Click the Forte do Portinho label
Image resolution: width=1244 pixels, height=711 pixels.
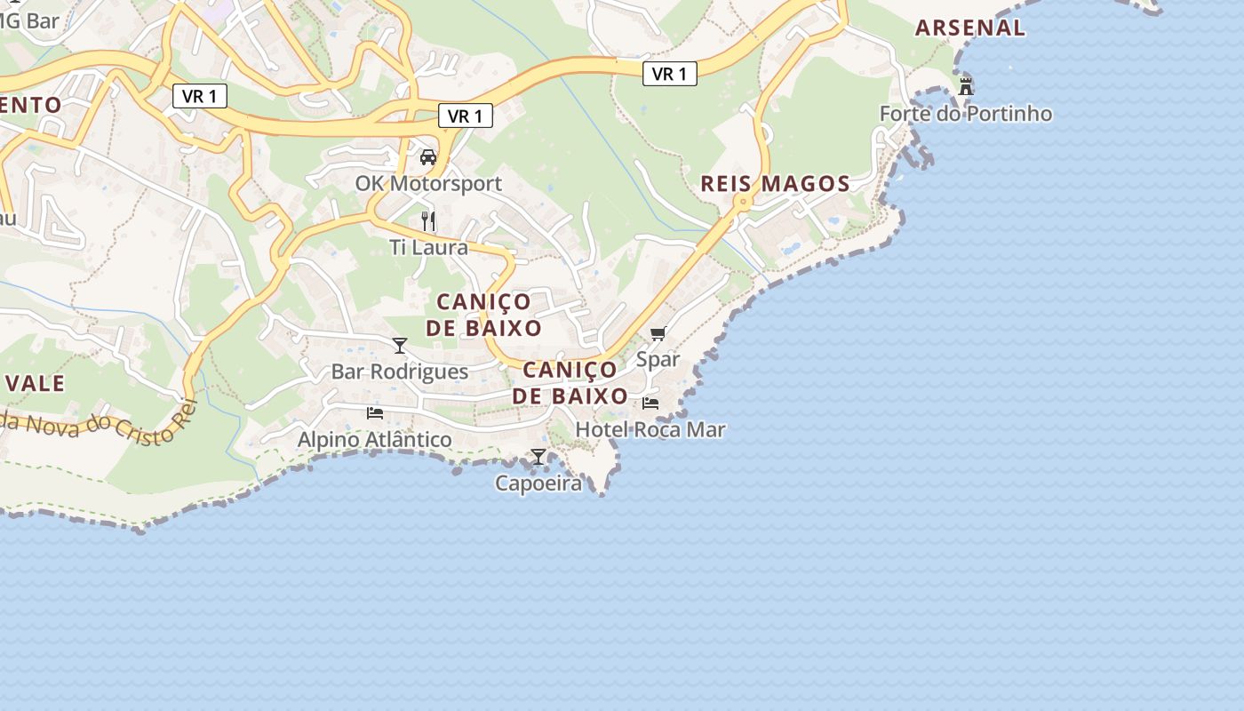click(x=965, y=114)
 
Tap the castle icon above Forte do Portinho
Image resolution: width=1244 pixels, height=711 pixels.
click(x=966, y=86)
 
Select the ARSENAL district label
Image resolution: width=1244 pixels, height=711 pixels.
click(x=970, y=28)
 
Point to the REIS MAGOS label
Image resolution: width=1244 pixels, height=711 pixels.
click(x=775, y=184)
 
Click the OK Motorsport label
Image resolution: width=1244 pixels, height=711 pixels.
click(x=428, y=184)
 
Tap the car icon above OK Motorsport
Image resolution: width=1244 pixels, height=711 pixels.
click(x=428, y=157)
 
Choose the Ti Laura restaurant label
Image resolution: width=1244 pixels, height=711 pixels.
click(x=428, y=247)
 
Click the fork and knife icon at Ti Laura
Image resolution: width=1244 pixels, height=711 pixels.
click(x=428, y=220)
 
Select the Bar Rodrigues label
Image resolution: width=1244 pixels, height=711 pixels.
click(x=399, y=371)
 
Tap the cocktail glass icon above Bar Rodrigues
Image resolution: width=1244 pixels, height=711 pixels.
click(x=400, y=345)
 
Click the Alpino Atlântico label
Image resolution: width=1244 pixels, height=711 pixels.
click(x=374, y=440)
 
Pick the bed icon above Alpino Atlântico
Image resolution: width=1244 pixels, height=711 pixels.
click(x=375, y=413)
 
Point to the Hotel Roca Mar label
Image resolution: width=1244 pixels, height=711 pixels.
click(x=650, y=430)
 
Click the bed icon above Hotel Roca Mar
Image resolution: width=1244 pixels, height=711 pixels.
click(x=650, y=403)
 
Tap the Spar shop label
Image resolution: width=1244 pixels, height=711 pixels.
click(x=658, y=360)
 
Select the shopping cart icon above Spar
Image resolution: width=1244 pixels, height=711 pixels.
click(x=658, y=333)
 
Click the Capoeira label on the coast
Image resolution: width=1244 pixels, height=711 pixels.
click(x=538, y=483)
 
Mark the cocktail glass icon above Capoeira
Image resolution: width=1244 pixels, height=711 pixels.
click(x=538, y=457)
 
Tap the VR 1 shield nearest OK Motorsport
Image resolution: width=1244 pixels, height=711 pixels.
click(x=465, y=116)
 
